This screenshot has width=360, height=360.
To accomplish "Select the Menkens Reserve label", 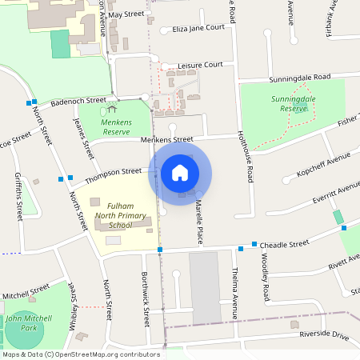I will (x=116, y=126).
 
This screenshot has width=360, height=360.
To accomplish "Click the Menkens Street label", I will (x=167, y=140).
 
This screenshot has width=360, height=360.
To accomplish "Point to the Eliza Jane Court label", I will (x=198, y=28).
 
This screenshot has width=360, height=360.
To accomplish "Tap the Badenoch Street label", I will (x=78, y=102).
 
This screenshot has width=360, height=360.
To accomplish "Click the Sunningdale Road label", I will (x=300, y=77).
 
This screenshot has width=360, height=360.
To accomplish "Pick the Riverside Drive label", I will (x=324, y=336).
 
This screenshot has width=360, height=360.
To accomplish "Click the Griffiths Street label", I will (x=18, y=198).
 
